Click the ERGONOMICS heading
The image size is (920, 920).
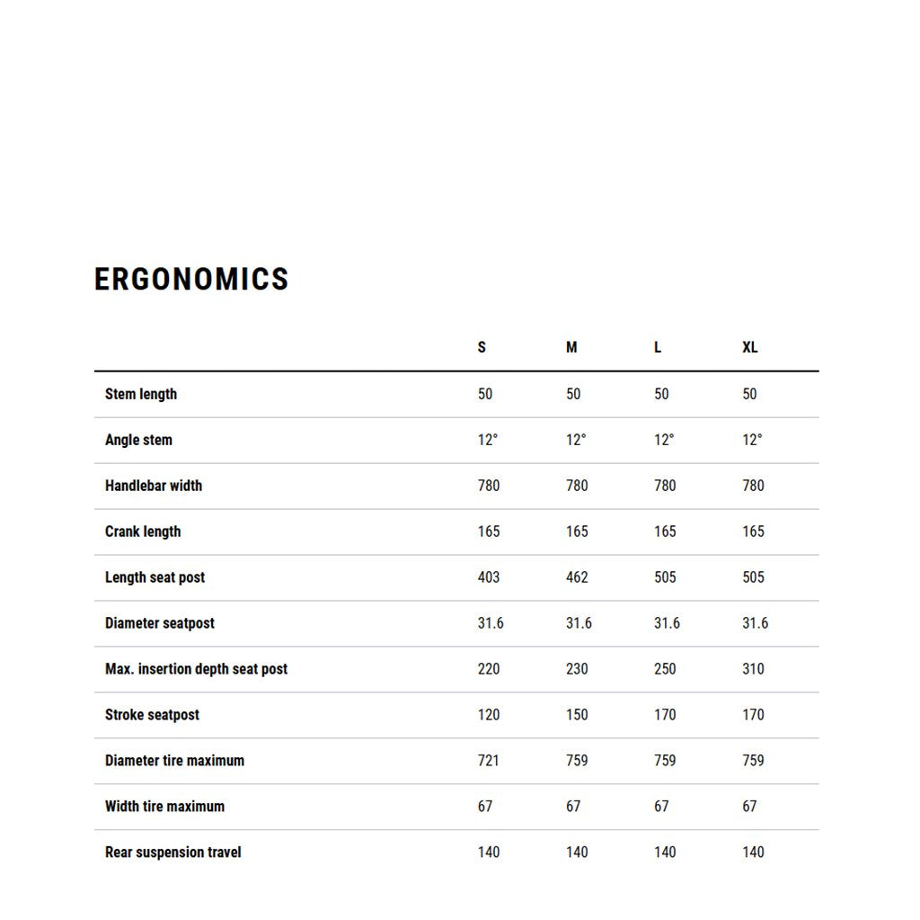[x=191, y=279]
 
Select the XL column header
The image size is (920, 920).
[x=749, y=347]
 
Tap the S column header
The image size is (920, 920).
[x=482, y=347]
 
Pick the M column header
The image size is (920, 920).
[x=571, y=347]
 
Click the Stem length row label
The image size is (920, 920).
[x=141, y=394]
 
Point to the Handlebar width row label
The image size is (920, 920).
[x=154, y=486]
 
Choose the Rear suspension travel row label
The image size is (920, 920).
[x=173, y=852]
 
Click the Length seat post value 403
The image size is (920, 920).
[x=489, y=577]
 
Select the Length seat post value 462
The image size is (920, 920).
[x=577, y=577]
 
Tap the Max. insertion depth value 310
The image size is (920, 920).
[x=753, y=669]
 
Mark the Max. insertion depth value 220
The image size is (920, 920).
[x=489, y=669]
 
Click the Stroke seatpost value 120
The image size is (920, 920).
[x=489, y=715]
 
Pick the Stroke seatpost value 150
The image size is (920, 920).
[x=577, y=715]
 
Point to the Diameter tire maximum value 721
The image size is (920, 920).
[x=489, y=761]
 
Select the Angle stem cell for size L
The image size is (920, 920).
[x=664, y=440]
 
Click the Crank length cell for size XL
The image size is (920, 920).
[x=753, y=531]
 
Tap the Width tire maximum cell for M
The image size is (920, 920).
[x=573, y=807]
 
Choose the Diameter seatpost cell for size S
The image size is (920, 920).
[x=491, y=623]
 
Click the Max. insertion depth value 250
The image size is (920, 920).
[x=665, y=669]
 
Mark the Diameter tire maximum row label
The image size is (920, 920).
[x=174, y=761]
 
